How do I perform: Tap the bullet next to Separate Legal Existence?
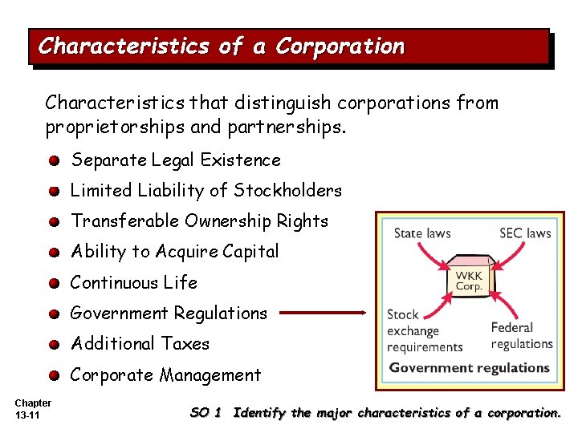(x=53, y=160)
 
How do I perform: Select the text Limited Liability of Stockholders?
(x=206, y=191)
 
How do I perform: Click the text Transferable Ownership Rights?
(x=200, y=221)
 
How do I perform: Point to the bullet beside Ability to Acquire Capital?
(x=53, y=253)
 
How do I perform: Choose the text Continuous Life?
(x=134, y=283)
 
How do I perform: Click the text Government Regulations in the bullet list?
(x=169, y=314)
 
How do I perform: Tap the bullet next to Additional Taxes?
(x=53, y=345)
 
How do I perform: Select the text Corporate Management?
(x=166, y=375)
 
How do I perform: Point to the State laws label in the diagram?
(x=422, y=233)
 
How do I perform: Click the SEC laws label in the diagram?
(x=525, y=233)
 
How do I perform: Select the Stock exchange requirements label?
(x=425, y=331)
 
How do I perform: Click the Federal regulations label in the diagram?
(x=522, y=335)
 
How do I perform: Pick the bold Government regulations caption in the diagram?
(x=470, y=368)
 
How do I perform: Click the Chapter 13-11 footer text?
(x=33, y=409)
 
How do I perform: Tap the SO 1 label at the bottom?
(x=206, y=413)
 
